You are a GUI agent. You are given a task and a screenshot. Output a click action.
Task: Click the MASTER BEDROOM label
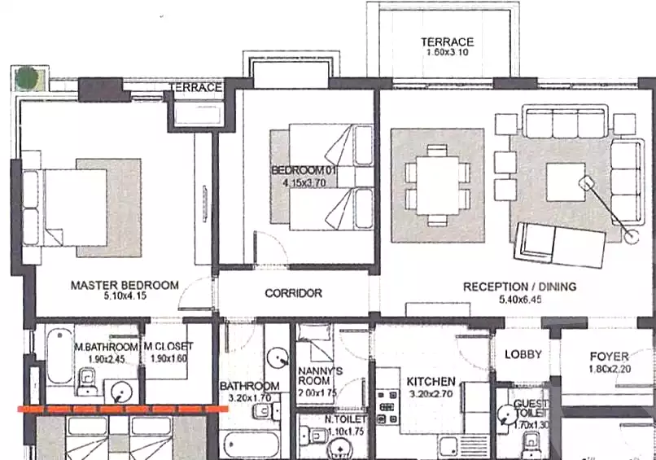point(124,285)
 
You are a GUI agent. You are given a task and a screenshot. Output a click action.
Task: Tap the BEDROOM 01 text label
point(304,169)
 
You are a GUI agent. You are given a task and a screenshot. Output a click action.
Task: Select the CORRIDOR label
point(293,293)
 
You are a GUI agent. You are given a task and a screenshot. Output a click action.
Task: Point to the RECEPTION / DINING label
point(519,287)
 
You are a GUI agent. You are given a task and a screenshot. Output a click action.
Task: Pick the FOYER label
point(609,357)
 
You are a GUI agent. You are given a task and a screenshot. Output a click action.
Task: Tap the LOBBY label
point(523,354)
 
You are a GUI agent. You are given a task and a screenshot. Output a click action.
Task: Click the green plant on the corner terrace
point(28,79)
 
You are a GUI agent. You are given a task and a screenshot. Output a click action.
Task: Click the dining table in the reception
point(438,186)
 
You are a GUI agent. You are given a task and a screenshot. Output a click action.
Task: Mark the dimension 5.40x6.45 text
point(519,299)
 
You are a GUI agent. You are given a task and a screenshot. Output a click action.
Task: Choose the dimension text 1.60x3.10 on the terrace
point(447,53)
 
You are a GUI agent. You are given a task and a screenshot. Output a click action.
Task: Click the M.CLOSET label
point(168,347)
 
